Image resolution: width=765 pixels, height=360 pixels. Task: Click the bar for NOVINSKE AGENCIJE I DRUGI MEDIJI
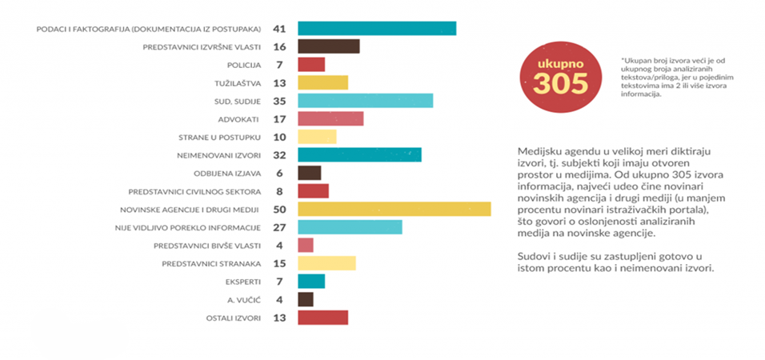point(394,209)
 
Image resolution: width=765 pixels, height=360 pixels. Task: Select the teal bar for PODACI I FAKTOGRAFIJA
point(376,29)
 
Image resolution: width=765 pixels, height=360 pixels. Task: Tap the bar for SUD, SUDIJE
point(365,101)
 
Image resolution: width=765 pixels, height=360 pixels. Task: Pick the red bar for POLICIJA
point(311,65)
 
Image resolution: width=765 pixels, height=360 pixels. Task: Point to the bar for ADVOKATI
point(330,119)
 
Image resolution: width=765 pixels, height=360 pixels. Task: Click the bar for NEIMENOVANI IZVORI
point(359,155)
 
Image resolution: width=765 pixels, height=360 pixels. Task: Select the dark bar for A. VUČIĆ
point(305,299)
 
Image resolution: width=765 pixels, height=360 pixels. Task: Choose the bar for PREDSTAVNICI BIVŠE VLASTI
point(305,245)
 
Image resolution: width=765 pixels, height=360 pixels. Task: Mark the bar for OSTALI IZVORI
point(322,318)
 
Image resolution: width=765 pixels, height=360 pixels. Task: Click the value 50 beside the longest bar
point(281,210)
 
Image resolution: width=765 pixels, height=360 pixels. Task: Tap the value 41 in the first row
point(281,30)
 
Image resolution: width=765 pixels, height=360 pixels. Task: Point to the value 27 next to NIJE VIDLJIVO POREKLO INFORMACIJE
point(281,227)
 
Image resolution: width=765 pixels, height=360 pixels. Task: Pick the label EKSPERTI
point(246,282)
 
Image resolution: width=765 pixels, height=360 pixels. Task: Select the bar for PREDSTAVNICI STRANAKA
point(326,263)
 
